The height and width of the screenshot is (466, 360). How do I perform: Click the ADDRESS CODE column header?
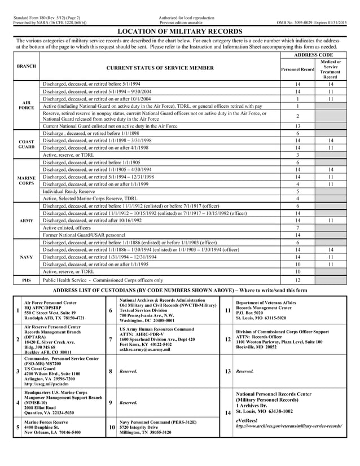point(314,55)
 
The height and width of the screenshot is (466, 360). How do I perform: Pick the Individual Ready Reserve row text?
point(69,191)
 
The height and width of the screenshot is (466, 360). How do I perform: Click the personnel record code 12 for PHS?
point(298,279)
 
